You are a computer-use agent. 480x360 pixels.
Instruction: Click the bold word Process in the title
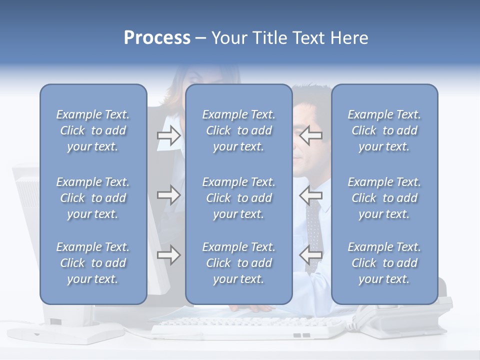157,38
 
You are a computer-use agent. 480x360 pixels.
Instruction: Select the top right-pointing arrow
168,135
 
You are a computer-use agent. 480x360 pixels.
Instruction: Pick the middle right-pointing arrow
168,195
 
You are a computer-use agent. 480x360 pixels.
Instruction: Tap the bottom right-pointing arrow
168,255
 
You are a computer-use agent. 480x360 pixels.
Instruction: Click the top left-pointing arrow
310,135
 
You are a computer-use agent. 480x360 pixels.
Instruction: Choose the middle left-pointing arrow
310,195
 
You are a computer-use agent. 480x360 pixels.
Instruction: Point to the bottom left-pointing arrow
310,255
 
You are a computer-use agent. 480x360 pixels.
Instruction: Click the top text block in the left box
93,130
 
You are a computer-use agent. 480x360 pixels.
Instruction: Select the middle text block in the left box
93,198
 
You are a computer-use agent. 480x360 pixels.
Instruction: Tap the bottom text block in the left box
93,263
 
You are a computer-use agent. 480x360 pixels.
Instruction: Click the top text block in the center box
238,130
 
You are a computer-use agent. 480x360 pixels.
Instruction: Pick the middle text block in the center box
238,198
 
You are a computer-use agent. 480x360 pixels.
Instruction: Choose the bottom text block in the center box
238,263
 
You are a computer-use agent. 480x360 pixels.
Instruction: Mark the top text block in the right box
384,130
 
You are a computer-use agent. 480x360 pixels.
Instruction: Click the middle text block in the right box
384,198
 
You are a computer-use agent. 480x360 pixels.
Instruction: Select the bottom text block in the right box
384,263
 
